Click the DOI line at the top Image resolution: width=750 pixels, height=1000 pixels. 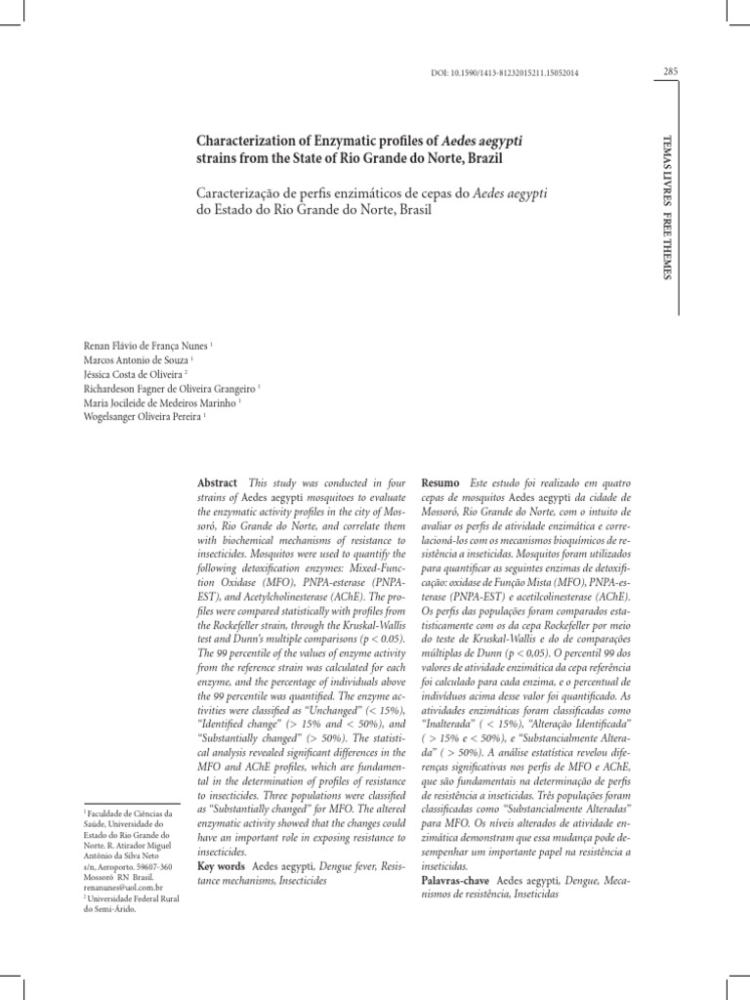tap(498, 74)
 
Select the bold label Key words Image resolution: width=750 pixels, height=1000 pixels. tap(221, 866)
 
